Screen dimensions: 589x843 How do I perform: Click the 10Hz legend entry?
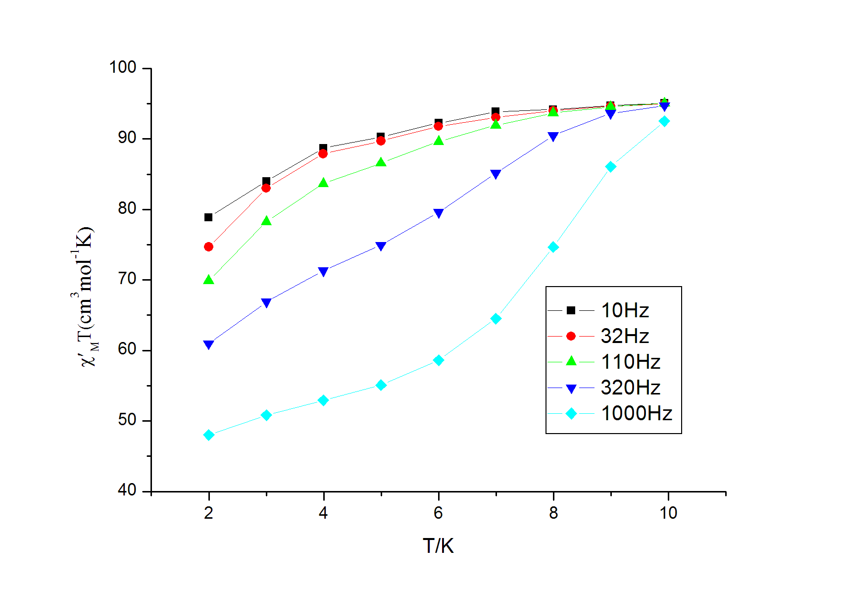pyautogui.click(x=625, y=310)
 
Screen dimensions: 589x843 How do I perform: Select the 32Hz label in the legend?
pyautogui.click(x=625, y=336)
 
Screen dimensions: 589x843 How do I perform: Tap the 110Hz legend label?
pyautogui.click(x=630, y=362)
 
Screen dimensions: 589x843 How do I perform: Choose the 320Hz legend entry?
pyautogui.click(x=630, y=388)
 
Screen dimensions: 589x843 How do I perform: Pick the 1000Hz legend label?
pyautogui.click(x=636, y=413)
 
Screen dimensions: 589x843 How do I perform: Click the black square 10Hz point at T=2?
pyautogui.click(x=208, y=217)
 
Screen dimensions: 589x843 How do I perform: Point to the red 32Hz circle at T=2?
pyautogui.click(x=208, y=246)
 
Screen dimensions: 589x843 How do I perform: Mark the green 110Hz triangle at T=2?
pyautogui.click(x=208, y=280)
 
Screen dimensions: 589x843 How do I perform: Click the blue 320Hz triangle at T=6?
pyautogui.click(x=438, y=213)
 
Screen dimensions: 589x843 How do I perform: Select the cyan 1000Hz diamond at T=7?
pyautogui.click(x=496, y=319)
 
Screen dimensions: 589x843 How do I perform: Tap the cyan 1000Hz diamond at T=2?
pyautogui.click(x=208, y=435)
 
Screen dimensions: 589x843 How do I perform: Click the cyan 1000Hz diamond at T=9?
pyautogui.click(x=611, y=167)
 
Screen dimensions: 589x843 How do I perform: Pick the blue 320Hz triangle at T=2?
pyautogui.click(x=208, y=344)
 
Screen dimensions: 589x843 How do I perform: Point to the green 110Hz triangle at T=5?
pyautogui.click(x=381, y=162)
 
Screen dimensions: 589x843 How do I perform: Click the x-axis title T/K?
pyautogui.click(x=438, y=546)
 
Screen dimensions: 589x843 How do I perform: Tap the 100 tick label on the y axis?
pyautogui.click(x=123, y=68)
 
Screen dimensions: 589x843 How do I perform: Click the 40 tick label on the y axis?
pyautogui.click(x=127, y=491)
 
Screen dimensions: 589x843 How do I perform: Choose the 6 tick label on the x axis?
pyautogui.click(x=438, y=513)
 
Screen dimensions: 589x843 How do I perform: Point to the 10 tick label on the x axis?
pyautogui.click(x=668, y=513)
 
